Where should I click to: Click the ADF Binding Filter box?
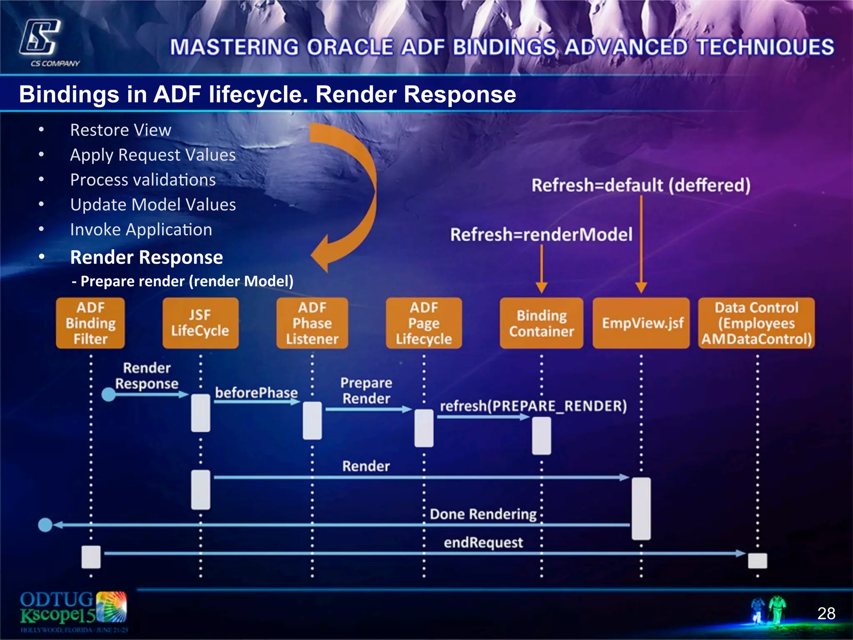click(x=90, y=323)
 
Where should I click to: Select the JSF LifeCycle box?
click(x=200, y=323)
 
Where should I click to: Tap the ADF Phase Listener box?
click(x=312, y=323)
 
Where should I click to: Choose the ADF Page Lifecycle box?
click(x=424, y=323)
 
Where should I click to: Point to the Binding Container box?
click(x=541, y=323)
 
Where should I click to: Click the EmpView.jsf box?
click(x=641, y=323)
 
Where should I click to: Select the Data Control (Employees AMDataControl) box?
click(x=756, y=323)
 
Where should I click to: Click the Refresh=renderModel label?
click(x=541, y=234)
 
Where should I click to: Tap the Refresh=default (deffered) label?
click(x=641, y=185)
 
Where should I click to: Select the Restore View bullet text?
click(x=120, y=130)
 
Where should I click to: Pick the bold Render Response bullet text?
click(x=147, y=257)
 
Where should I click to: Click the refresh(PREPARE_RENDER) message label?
click(x=533, y=405)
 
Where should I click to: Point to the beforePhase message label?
click(x=256, y=392)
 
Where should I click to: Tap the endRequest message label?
click(x=483, y=542)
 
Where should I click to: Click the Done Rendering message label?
click(x=483, y=514)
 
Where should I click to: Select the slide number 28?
click(x=826, y=613)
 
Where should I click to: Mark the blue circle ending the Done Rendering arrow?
click(x=45, y=525)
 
